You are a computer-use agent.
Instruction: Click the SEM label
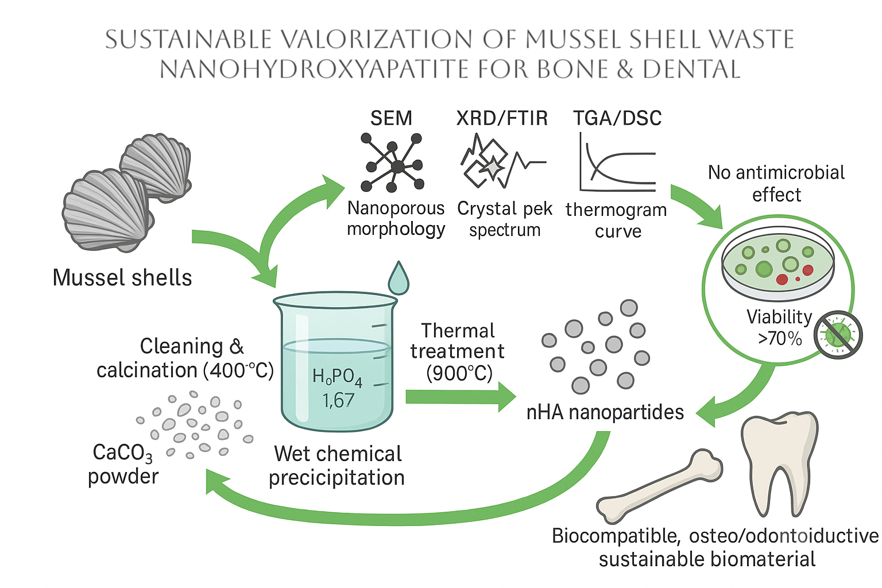(391, 118)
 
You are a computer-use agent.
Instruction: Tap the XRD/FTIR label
(502, 118)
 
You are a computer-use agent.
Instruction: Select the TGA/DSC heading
(617, 118)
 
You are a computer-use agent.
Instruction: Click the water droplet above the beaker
(398, 278)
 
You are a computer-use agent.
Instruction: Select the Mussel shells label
(122, 278)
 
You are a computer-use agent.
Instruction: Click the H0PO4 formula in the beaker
(337, 377)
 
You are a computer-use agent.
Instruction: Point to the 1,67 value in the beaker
(338, 400)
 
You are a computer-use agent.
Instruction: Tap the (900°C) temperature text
(459, 374)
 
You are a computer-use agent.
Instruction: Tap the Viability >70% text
(779, 327)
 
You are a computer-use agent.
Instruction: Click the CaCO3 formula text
(122, 453)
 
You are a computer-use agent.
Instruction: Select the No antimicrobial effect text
(776, 183)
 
